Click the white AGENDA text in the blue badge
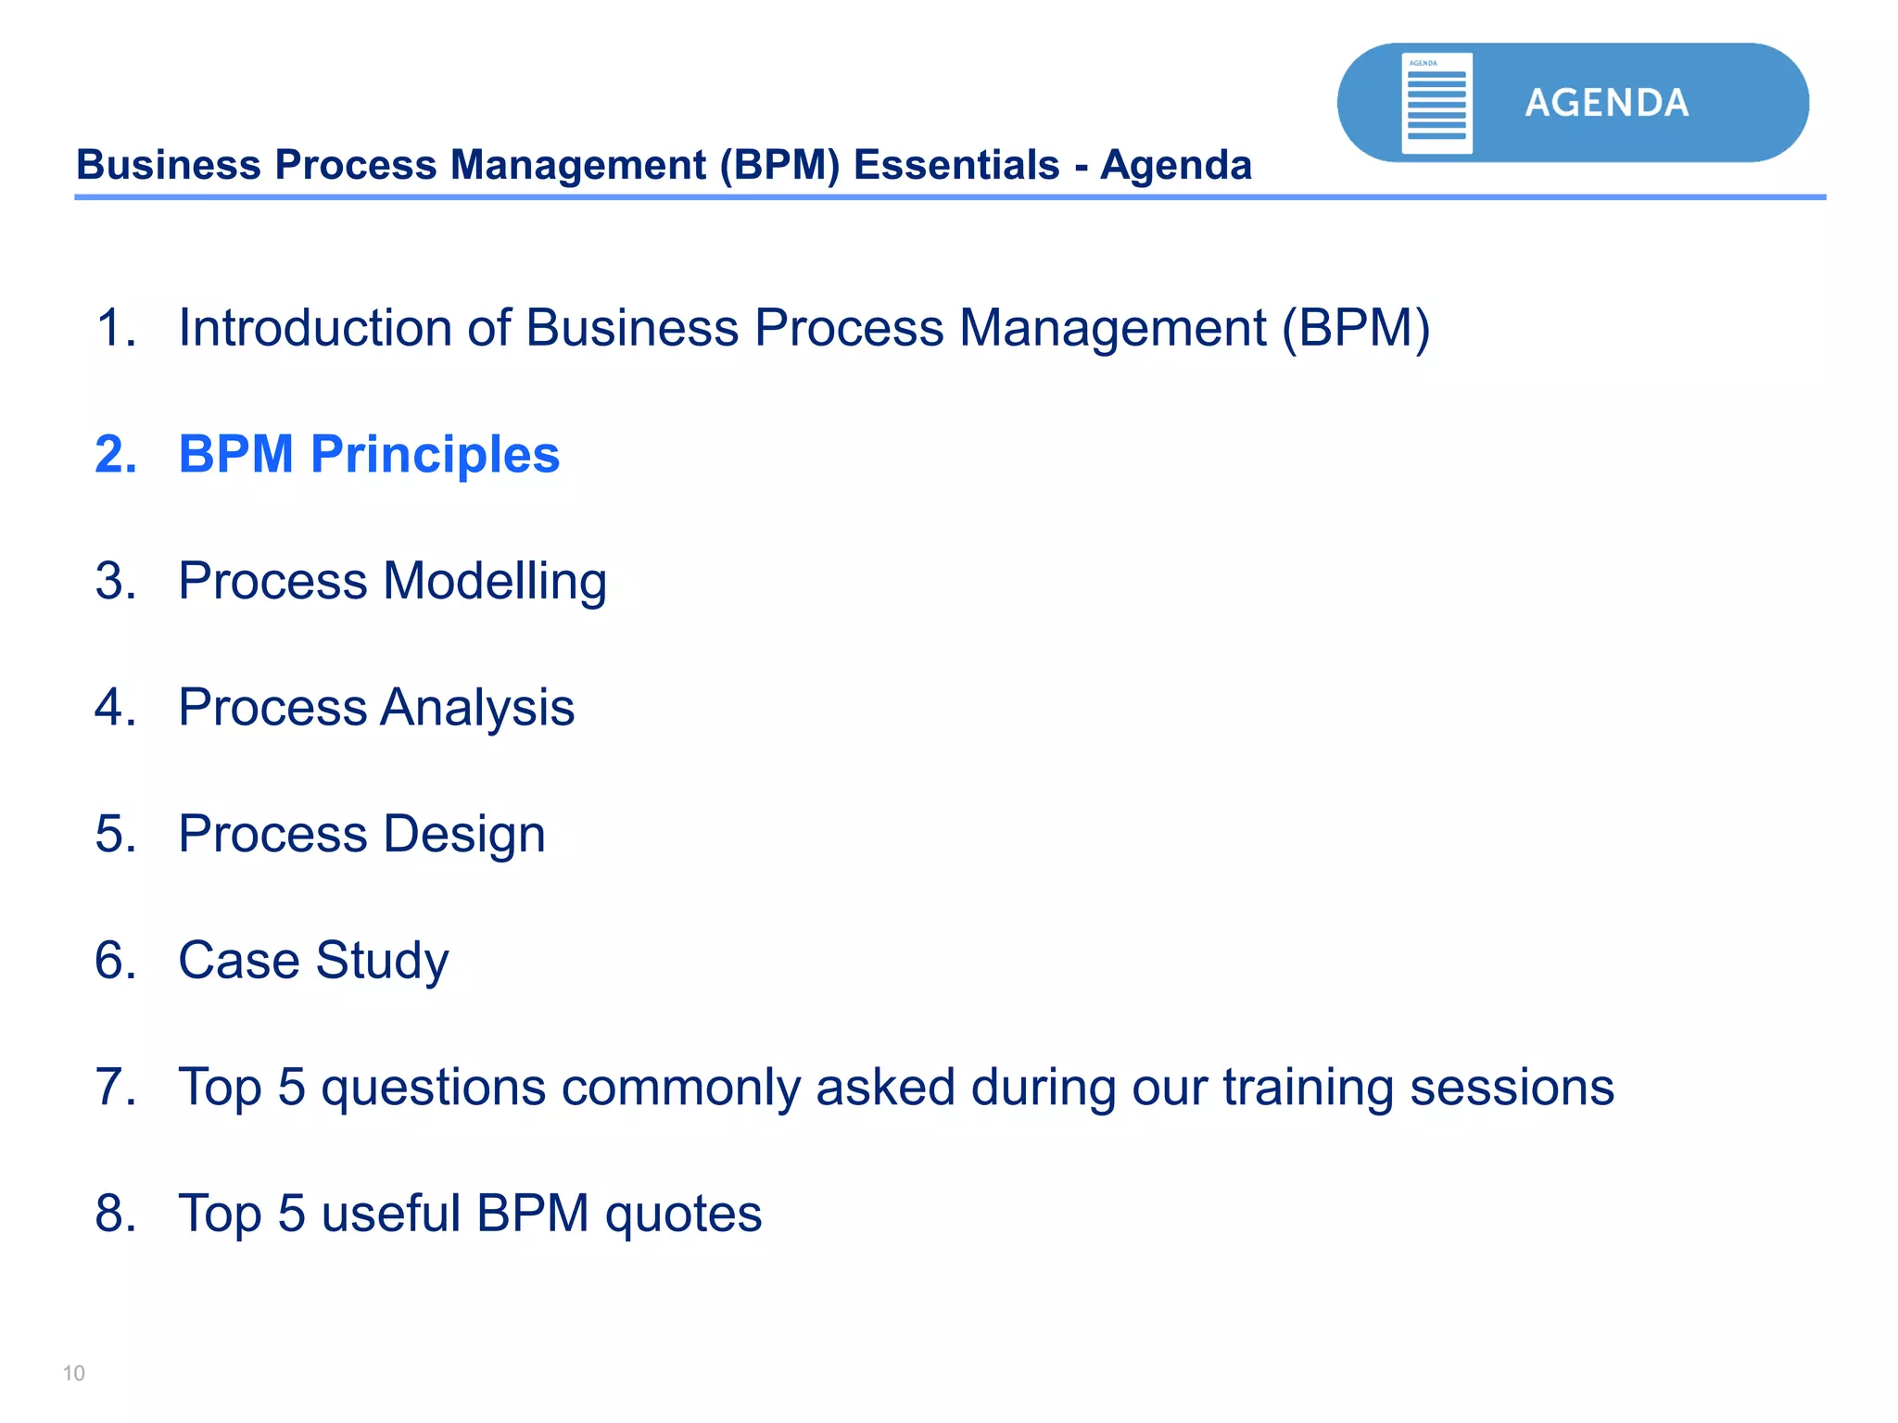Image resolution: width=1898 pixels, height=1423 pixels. [x=1607, y=103]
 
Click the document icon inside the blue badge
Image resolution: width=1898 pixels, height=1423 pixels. [x=1436, y=103]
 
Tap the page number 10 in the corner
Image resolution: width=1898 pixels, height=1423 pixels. [x=73, y=1373]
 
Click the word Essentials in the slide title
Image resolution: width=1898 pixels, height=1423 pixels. [x=956, y=166]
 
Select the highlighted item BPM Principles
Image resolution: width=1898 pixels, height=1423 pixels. [x=369, y=454]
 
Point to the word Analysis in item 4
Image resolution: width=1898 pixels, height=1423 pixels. [x=477, y=708]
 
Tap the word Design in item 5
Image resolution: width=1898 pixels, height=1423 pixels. [x=463, y=834]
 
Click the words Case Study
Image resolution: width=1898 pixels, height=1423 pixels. [x=313, y=961]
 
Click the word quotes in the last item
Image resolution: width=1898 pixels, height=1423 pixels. [x=683, y=1215]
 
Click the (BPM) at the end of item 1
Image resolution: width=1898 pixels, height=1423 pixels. [x=1357, y=328]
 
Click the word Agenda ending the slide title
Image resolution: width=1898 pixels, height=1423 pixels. [x=1176, y=166]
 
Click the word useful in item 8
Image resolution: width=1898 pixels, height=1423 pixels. [x=390, y=1214]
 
